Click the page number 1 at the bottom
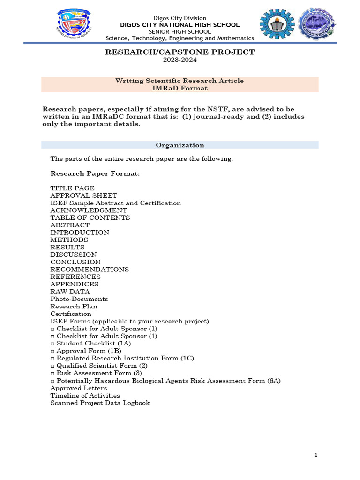(x=316, y=455)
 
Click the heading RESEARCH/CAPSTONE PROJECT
(x=180, y=52)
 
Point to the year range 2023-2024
(x=180, y=60)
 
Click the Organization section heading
(x=180, y=145)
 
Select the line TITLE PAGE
(x=72, y=188)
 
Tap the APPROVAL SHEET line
(x=83, y=195)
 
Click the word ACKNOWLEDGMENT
(x=89, y=210)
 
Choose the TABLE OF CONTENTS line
(x=90, y=218)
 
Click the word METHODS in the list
(x=69, y=240)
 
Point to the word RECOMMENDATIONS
(x=90, y=270)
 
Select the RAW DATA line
(x=70, y=292)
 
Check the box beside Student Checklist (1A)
(x=52, y=344)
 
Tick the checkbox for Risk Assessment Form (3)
(x=52, y=373)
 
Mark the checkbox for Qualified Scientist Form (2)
(x=52, y=366)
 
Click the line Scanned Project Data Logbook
(x=100, y=403)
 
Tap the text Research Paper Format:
(x=95, y=174)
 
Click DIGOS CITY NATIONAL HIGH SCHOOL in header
(x=180, y=25)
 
